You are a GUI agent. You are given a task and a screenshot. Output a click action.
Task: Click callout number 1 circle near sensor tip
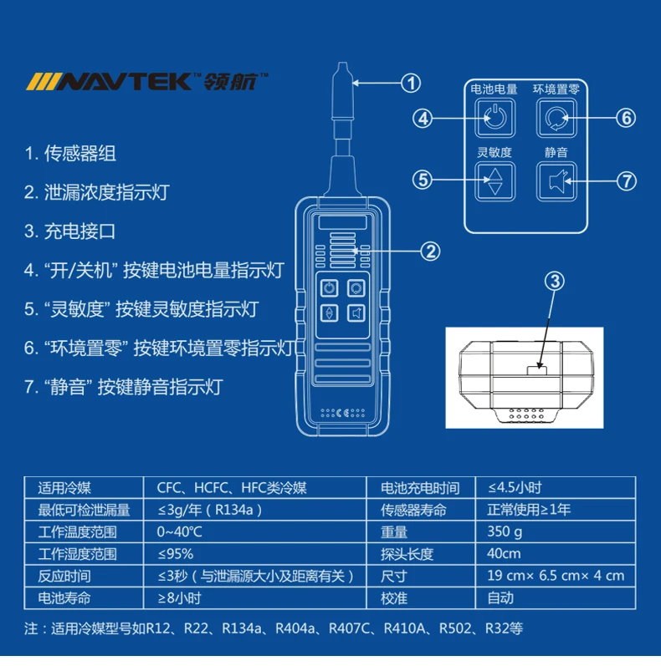410,83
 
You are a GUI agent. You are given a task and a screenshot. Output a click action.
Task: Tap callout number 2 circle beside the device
429,251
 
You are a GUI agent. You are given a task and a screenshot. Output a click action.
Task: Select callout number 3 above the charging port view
555,282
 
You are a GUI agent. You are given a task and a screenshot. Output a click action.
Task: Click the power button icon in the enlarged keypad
494,118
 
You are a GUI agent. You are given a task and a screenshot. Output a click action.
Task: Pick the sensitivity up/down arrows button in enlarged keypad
494,180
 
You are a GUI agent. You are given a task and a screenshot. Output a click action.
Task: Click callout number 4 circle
424,118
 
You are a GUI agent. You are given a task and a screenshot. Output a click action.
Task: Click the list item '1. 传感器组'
70,154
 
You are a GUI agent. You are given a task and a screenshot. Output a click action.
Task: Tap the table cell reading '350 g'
505,532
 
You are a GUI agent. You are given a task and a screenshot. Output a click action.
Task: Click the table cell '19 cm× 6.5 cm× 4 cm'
555,576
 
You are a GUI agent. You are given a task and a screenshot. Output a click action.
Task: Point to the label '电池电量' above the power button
494,89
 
